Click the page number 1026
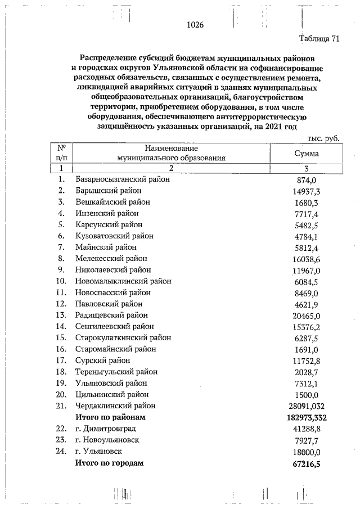(195, 25)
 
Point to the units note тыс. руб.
(323, 138)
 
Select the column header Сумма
(307, 153)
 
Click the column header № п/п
(61, 153)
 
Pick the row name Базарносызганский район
(122, 179)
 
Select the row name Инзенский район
(106, 213)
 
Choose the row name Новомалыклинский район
(123, 281)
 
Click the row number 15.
(61, 338)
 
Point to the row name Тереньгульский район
(116, 372)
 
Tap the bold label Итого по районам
(110, 417)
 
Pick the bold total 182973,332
(303, 418)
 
